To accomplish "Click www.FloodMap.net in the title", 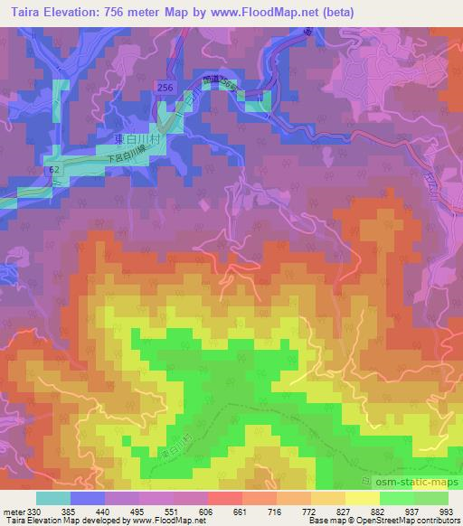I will (x=262, y=13).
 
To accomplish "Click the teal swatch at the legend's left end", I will (x=52, y=498).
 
